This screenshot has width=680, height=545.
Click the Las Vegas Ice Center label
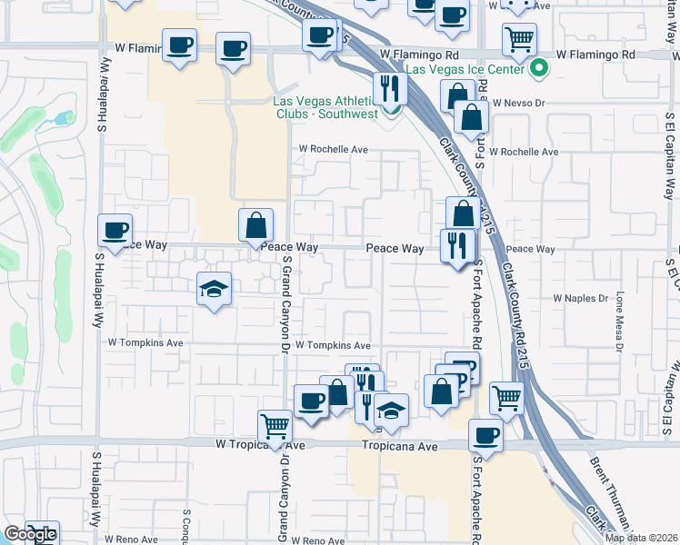tap(465, 69)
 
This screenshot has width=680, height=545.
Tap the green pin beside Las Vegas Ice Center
tap(539, 68)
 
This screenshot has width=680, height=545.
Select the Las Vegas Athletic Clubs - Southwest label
tap(325, 107)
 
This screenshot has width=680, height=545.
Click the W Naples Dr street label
tap(580, 298)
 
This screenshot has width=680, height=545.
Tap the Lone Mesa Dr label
tap(619, 321)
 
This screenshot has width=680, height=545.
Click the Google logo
tap(30, 535)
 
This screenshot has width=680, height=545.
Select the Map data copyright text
tap(642, 538)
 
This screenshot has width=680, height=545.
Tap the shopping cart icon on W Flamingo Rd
tap(519, 39)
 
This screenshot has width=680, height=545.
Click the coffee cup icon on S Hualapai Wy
tap(115, 230)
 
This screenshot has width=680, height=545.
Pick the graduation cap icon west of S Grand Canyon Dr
tap(214, 290)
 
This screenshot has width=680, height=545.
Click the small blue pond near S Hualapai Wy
tap(64, 118)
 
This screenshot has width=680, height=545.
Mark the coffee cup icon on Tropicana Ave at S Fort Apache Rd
tap(486, 434)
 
